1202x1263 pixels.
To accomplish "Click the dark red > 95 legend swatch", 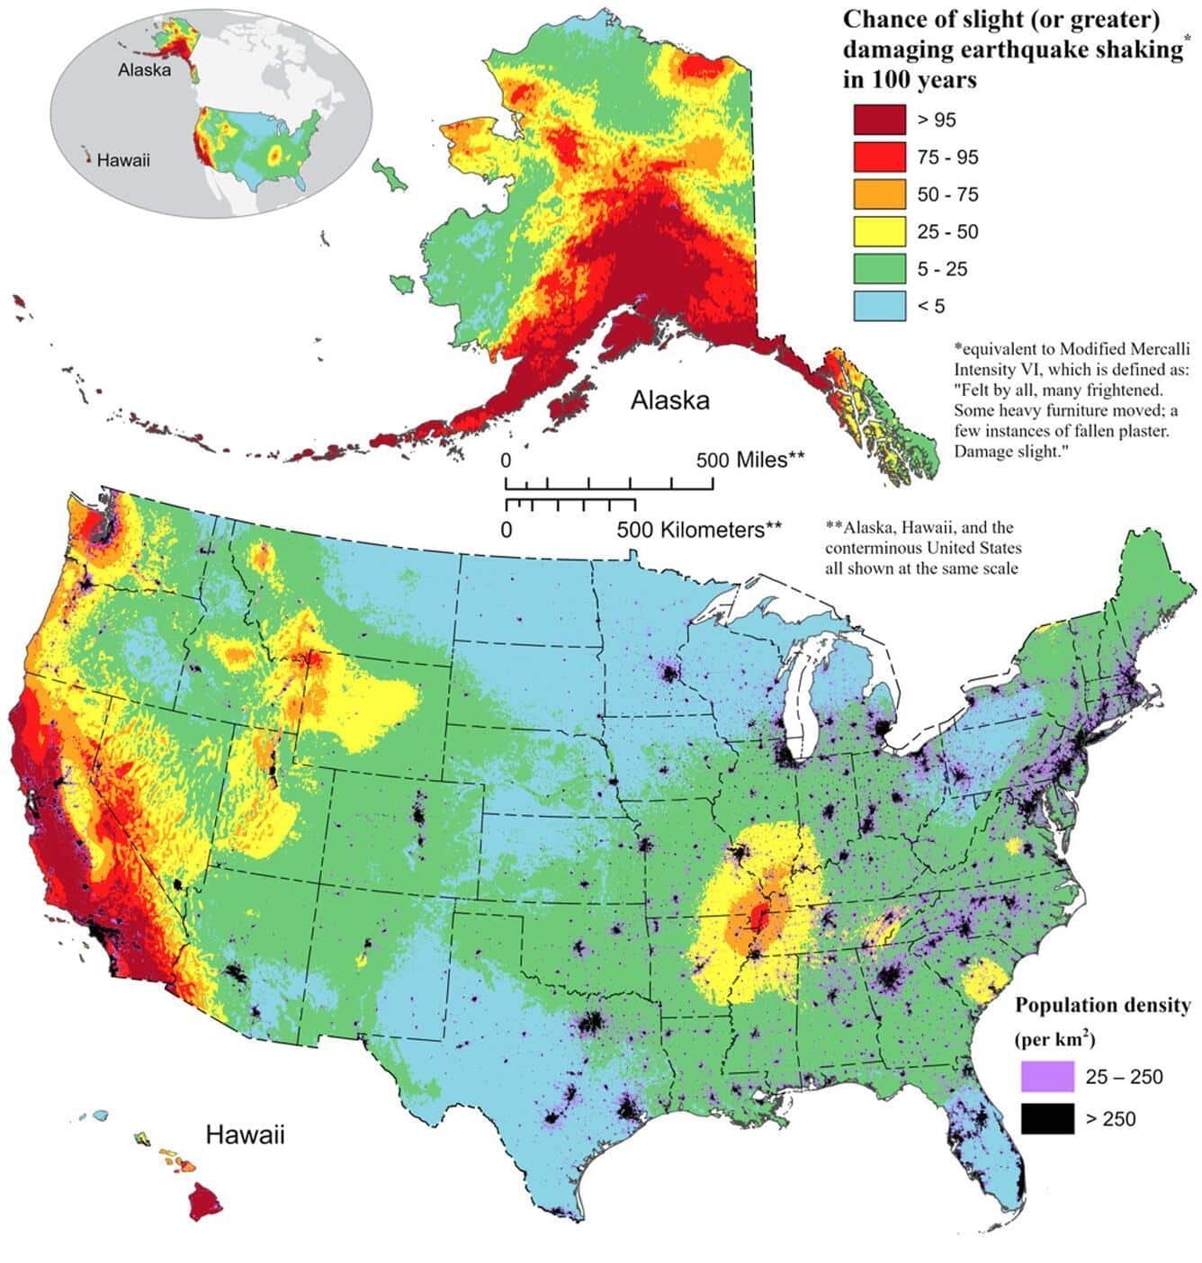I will pyautogui.click(x=879, y=120).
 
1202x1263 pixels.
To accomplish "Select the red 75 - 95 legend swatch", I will pyautogui.click(x=879, y=157).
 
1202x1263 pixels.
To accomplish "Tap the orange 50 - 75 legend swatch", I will pyautogui.click(x=879, y=194).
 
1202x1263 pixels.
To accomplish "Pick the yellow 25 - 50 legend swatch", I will pyautogui.click(x=879, y=231).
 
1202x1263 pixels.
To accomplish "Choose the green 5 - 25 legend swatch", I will pyautogui.click(x=879, y=268).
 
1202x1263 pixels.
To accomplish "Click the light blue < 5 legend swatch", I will pyautogui.click(x=879, y=306).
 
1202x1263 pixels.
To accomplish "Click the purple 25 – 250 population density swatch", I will pyautogui.click(x=1047, y=1076).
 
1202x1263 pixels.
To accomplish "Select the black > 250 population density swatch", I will pyautogui.click(x=1047, y=1118).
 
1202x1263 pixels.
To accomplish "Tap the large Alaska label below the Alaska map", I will pyautogui.click(x=669, y=400).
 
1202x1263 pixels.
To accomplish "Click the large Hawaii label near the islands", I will pyautogui.click(x=245, y=1134).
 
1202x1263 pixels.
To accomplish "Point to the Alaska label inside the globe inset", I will pyautogui.click(x=144, y=70).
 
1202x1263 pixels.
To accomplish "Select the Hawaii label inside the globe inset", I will pyautogui.click(x=123, y=160).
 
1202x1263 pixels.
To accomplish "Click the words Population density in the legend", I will pyautogui.click(x=1102, y=1005).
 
